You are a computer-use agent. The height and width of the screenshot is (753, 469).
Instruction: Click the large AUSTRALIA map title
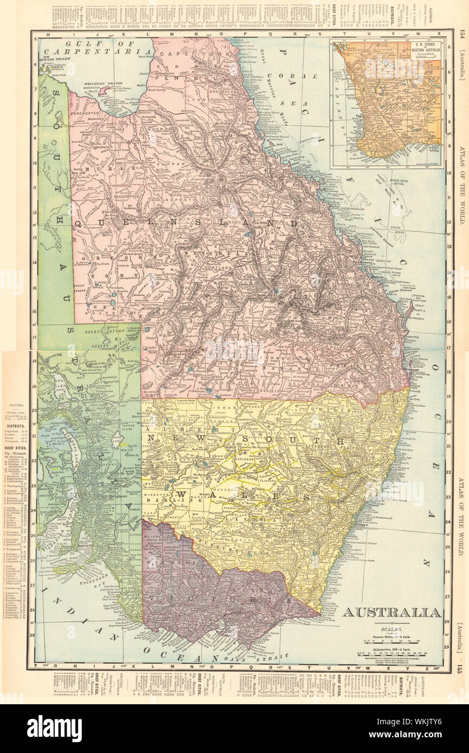point(391,613)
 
